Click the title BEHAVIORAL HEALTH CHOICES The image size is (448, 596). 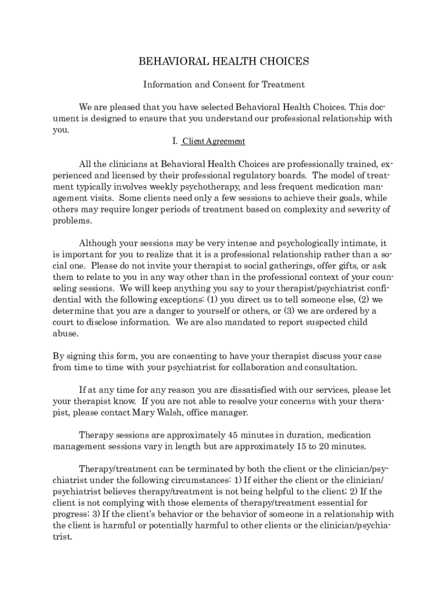point(223,61)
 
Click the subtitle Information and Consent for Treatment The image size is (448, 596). point(224,85)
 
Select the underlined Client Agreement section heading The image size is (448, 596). point(214,141)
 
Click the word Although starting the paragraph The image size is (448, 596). point(100,243)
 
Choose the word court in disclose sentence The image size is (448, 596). point(64,322)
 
